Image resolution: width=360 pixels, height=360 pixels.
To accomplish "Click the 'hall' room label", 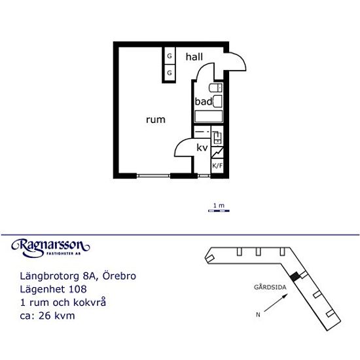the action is tap(194, 57).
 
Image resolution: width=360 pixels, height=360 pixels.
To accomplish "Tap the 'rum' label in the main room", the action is tap(156, 120).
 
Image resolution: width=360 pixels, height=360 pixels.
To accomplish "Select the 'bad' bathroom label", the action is tap(204, 101).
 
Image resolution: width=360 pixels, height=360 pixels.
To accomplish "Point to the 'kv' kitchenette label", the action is tap(202, 148).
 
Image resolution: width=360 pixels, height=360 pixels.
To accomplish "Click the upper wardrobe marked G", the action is tap(170, 56).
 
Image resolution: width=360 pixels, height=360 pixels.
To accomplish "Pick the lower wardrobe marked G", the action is tap(170, 73).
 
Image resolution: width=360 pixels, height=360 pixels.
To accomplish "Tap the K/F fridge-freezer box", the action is tap(217, 166).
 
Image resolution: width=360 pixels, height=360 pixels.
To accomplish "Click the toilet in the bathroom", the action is tap(215, 88).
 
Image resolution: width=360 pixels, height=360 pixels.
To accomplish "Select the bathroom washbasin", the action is tap(218, 101).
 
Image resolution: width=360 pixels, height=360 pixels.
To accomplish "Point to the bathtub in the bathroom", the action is tap(208, 117).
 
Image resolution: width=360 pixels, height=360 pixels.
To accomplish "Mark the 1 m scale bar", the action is tap(219, 211).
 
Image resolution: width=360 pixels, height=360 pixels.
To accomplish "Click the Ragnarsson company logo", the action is tap(50, 248).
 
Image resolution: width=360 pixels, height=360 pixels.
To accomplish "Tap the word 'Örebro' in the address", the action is tap(119, 276).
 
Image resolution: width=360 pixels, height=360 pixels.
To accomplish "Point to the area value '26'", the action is tap(45, 315).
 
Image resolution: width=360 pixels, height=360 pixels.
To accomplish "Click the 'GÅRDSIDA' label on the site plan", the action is tap(270, 287).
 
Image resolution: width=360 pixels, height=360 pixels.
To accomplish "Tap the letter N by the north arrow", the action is tap(258, 315).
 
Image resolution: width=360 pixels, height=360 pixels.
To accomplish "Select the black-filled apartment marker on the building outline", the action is tap(295, 276).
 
